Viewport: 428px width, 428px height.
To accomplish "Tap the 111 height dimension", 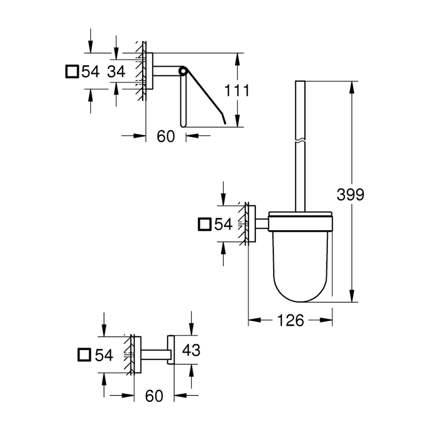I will pos(237,90).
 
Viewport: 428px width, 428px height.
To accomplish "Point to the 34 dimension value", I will pos(116,71).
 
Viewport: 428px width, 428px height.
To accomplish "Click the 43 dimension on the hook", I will pos(191,350).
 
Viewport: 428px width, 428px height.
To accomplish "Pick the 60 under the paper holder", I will pos(166,137).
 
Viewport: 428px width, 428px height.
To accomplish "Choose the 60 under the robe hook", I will pos(154,395).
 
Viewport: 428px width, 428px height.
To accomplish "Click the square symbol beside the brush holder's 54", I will pos(205,224).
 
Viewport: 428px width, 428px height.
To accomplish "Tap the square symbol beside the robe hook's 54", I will pos(85,355).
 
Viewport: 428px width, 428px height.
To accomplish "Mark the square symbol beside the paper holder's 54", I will pos(72,71).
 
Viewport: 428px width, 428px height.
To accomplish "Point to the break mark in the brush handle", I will pos(300,141).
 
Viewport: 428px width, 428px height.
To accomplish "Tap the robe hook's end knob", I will pos(171,350).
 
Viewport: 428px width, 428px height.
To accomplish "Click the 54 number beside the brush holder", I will pos(223,224).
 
